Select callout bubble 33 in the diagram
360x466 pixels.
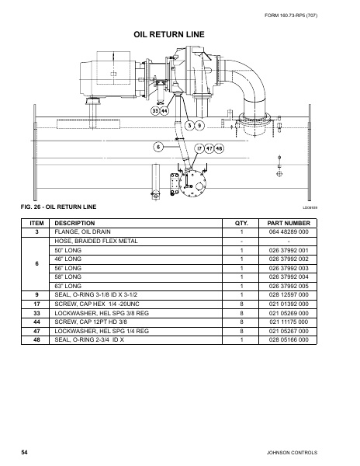[x=155, y=112]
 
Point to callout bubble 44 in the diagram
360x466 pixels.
[x=165, y=112]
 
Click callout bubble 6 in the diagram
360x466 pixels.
[x=158, y=146]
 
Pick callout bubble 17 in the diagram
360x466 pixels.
[x=199, y=148]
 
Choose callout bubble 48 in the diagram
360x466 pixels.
[x=219, y=148]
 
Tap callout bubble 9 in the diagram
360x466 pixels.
[x=199, y=125]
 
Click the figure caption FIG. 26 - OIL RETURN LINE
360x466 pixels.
[x=59, y=207]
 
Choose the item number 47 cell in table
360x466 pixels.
[x=36, y=331]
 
